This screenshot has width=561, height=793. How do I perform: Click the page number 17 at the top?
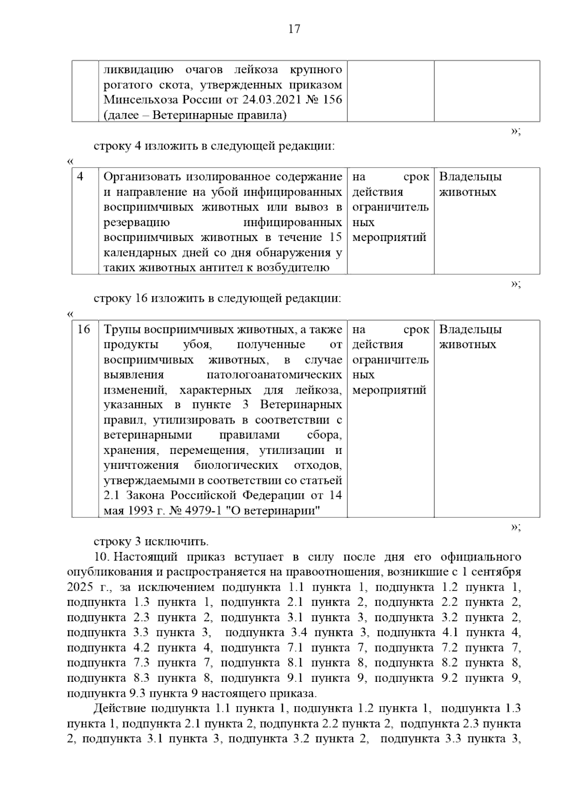click(x=294, y=29)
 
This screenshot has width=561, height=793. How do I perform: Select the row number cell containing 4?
click(x=80, y=177)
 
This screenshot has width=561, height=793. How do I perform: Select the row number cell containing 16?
click(x=83, y=330)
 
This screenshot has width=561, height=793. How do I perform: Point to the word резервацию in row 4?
click(x=137, y=222)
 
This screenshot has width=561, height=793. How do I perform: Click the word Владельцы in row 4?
click(x=470, y=177)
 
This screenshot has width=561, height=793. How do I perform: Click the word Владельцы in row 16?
click(x=470, y=330)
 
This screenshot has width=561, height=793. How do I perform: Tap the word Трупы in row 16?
click(x=121, y=330)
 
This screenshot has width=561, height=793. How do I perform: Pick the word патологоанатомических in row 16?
click(x=274, y=375)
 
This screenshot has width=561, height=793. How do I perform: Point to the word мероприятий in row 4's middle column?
click(x=389, y=237)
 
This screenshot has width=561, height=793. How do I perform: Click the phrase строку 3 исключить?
click(x=151, y=542)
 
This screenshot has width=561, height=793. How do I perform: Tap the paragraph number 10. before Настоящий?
click(x=102, y=557)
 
